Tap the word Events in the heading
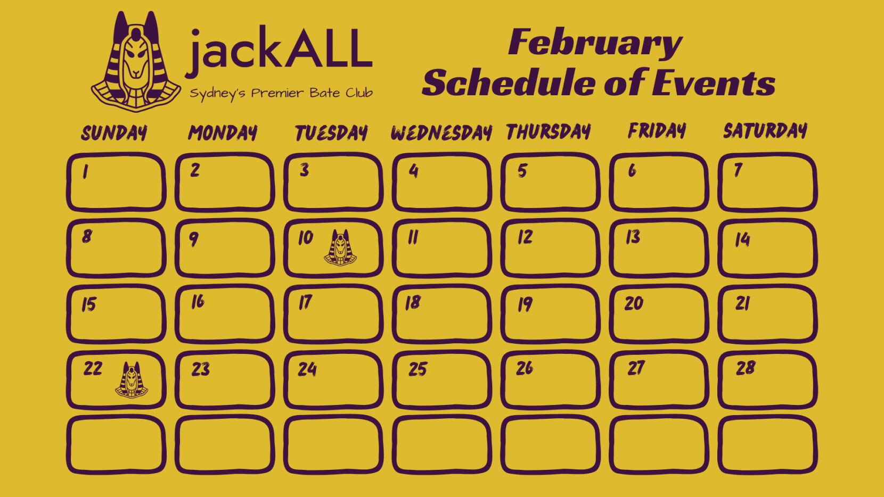point(714,83)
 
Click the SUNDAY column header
point(114,133)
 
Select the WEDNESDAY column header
point(441,133)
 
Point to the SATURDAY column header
point(765,131)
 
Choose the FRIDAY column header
point(657,131)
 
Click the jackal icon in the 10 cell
point(340,248)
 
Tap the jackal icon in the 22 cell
point(132,380)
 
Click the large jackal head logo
point(136,62)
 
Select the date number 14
point(742,239)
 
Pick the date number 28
point(746,368)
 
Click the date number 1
point(85,172)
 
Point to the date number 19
point(525,304)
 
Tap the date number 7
point(738,170)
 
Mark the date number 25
point(418,369)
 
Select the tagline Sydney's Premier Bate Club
point(281,94)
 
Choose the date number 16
point(198,302)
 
